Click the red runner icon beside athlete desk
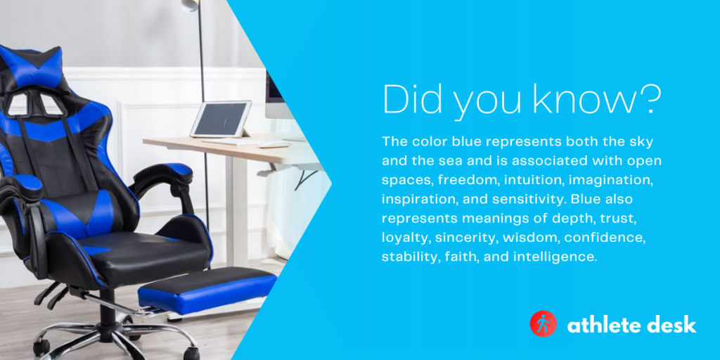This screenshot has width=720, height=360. [x=543, y=324]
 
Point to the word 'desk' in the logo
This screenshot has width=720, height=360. [x=674, y=324]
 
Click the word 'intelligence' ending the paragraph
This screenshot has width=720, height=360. [x=555, y=257]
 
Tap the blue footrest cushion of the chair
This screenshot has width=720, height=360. [x=207, y=288]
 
